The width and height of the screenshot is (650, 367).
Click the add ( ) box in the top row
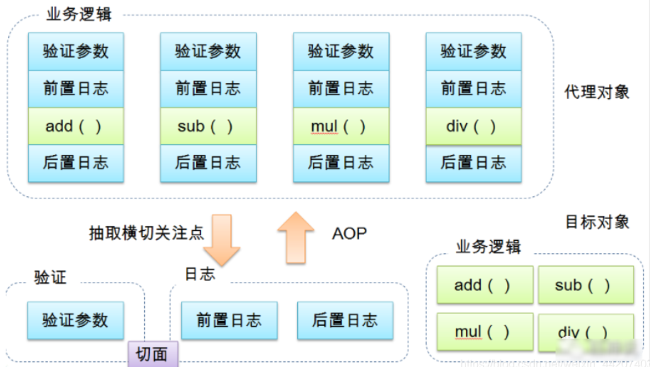tap(76, 126)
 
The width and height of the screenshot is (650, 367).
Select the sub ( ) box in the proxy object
tap(208, 126)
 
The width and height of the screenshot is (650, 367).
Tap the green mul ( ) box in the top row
tap(341, 126)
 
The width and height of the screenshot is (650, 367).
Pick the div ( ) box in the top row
tap(473, 126)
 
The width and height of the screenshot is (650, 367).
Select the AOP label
tap(349, 233)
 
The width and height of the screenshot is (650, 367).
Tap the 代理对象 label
tap(597, 92)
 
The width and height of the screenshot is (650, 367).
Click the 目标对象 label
tap(597, 221)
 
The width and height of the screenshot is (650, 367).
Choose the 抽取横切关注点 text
tap(147, 233)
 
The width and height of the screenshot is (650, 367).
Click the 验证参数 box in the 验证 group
tap(76, 320)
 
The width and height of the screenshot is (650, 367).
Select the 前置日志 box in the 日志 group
tap(229, 320)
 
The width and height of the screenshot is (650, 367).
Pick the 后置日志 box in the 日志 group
tap(345, 320)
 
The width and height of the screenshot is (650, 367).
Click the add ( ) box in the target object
tap(485, 285)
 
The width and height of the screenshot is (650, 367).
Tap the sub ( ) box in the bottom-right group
tap(586, 285)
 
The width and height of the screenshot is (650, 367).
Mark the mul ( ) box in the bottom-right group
tap(485, 332)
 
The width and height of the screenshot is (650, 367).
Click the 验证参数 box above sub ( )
tap(208, 52)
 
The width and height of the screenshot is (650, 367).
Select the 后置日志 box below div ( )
tap(473, 163)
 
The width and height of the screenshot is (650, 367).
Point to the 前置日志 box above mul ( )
tap(341, 89)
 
